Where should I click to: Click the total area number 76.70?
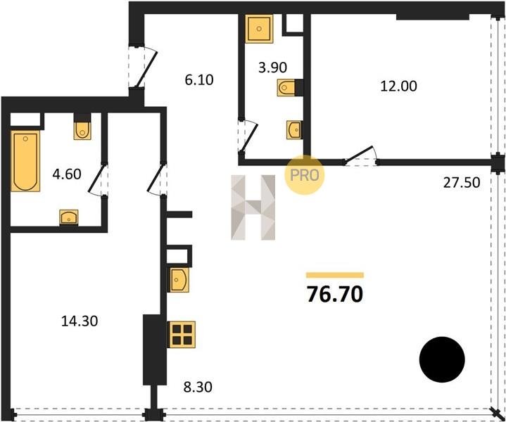pyautogui.click(x=335, y=294)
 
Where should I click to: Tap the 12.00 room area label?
pyautogui.click(x=398, y=86)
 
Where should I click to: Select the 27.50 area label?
pyautogui.click(x=462, y=183)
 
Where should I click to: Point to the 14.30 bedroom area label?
pyautogui.click(x=80, y=321)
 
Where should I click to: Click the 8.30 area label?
pyautogui.click(x=198, y=387)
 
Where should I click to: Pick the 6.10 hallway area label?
pyautogui.click(x=199, y=79)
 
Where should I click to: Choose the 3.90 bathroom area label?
pyautogui.click(x=272, y=68)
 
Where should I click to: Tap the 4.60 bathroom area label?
pyautogui.click(x=67, y=174)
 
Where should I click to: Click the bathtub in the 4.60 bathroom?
pyautogui.click(x=25, y=161)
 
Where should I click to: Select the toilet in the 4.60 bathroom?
pyautogui.click(x=82, y=129)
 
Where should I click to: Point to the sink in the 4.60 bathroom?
pyautogui.click(x=69, y=217)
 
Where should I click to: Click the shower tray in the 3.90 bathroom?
pyautogui.click(x=259, y=29)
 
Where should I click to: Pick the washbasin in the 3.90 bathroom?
pyautogui.click(x=294, y=130)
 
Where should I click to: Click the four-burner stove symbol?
pyautogui.click(x=182, y=335)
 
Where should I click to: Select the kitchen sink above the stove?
pyautogui.click(x=179, y=280)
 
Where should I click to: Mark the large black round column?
pyautogui.click(x=442, y=359)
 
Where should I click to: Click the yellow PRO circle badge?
pyautogui.click(x=304, y=175)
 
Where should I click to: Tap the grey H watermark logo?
pyautogui.click(x=253, y=207)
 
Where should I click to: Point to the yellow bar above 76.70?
pyautogui.click(x=335, y=275)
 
